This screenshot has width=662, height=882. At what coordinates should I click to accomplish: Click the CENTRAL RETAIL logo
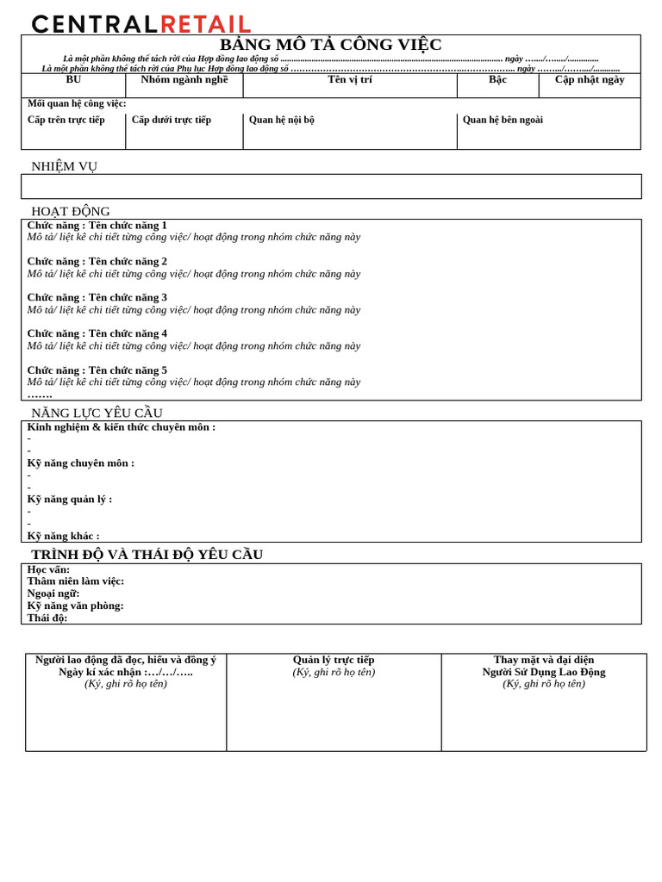coord(141,23)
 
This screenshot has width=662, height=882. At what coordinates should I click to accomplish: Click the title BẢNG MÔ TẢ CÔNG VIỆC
coord(331,45)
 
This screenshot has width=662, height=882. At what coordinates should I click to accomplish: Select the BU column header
coord(73,80)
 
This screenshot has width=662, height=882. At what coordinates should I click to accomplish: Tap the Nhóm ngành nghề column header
coord(184,80)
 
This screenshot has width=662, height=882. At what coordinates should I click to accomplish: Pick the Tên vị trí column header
coord(350,80)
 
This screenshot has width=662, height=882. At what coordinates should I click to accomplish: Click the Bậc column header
coord(497,80)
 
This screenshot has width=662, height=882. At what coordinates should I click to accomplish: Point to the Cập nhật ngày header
coord(590,80)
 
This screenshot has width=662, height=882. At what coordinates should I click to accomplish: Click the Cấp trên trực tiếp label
coord(66,120)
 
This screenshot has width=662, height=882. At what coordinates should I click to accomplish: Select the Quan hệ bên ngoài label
coord(503,120)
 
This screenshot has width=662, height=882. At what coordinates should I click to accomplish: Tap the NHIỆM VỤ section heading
coord(65,166)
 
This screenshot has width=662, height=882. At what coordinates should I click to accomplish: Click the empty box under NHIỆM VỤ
coord(331,186)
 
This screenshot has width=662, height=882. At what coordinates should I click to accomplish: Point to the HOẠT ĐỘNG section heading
coord(71,211)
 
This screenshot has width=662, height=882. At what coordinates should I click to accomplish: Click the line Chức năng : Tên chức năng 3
coord(97,297)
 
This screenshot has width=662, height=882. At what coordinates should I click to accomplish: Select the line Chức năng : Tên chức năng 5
coord(97,370)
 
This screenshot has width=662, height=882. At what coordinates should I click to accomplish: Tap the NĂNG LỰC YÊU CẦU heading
coord(97,413)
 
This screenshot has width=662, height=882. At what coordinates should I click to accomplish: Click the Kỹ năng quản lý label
coord(70,499)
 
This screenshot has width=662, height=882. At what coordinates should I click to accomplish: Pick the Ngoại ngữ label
coord(53,593)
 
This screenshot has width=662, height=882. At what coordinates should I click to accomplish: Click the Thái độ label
coord(47,618)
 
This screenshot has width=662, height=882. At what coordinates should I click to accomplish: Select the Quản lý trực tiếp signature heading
coord(334,660)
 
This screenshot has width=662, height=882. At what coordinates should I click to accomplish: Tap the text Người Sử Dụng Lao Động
coord(544,672)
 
